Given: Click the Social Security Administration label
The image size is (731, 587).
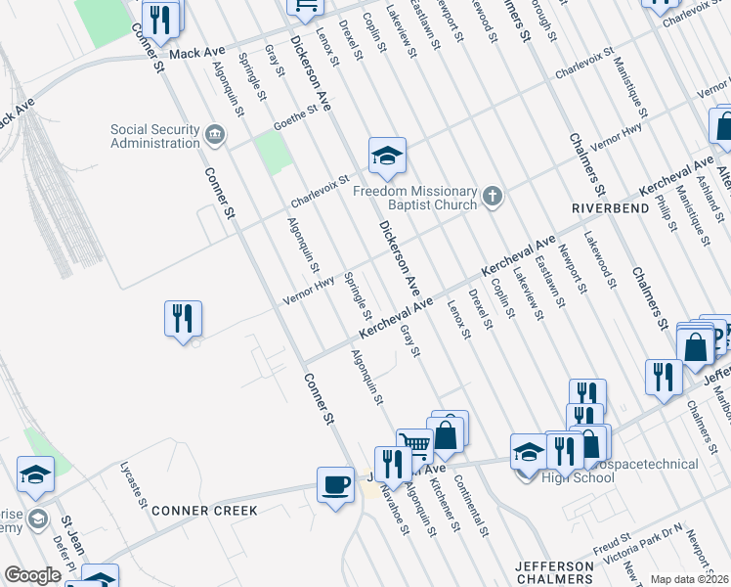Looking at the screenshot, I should click(154, 136).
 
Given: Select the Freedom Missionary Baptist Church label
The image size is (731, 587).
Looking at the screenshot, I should click(415, 198).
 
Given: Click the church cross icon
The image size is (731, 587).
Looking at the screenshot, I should click(494, 198).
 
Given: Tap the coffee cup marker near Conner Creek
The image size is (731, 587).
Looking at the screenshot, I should click(335, 485).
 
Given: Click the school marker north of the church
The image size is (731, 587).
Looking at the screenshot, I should click(387, 156).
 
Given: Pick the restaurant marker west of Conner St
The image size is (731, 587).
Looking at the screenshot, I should click(183, 319).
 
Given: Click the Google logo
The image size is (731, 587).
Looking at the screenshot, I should click(32, 575).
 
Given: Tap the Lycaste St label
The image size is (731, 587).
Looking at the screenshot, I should click(134, 489).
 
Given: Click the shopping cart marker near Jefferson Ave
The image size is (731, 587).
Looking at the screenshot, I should click(414, 445).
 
